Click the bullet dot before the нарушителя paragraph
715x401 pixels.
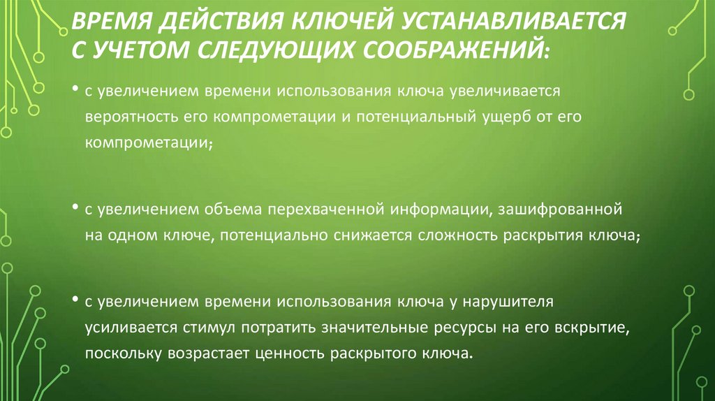click(74, 300)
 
